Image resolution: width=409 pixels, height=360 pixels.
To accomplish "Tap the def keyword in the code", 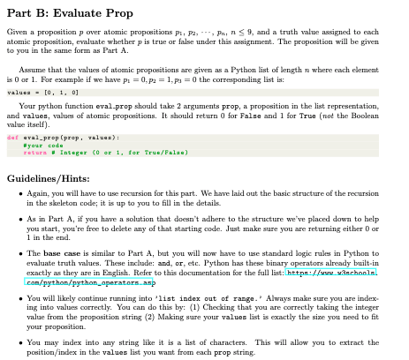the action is point(11,139).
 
